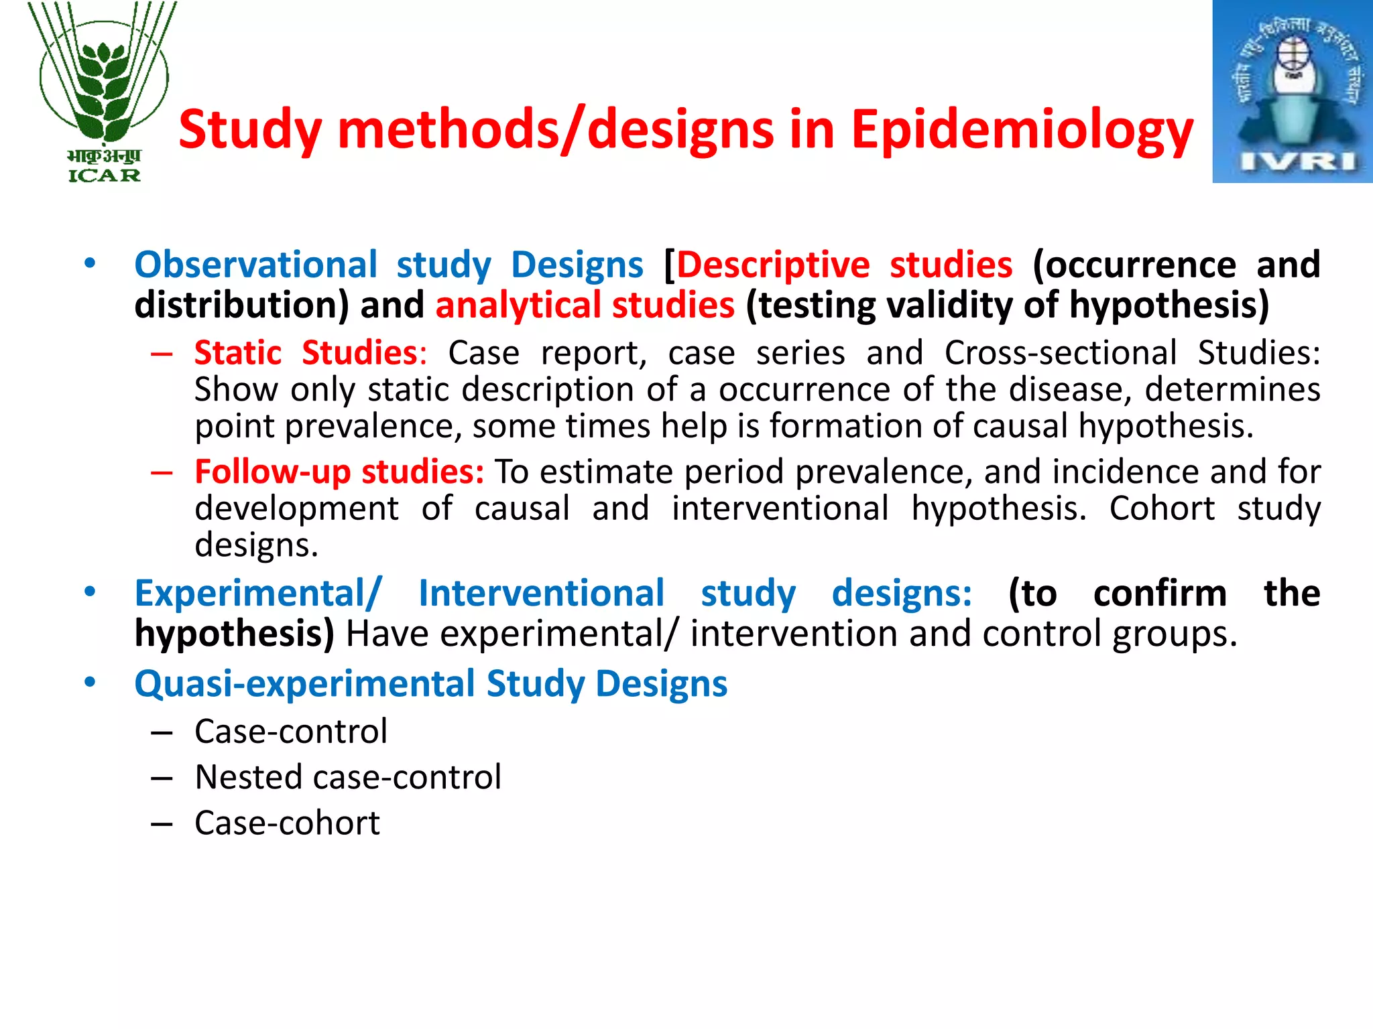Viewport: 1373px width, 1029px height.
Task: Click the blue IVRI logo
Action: point(1292,92)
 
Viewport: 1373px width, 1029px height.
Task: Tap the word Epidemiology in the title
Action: point(1022,130)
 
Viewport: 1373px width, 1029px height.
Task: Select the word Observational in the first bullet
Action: point(256,265)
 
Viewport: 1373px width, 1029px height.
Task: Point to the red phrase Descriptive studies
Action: point(844,265)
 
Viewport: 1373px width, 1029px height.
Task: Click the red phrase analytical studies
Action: point(585,305)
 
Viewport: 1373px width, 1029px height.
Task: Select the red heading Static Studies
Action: point(306,353)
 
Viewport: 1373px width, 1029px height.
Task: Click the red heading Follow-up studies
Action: point(339,472)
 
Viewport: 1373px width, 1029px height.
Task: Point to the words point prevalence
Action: point(327,427)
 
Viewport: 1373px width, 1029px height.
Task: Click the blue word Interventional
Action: point(541,594)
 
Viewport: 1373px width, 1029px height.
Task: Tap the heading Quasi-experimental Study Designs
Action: point(430,684)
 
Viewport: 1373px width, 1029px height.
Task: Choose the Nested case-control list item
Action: point(348,777)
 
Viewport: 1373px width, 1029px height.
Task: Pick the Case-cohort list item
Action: point(287,823)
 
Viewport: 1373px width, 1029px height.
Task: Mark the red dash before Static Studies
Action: point(162,354)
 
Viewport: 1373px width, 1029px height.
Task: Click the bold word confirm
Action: point(1159,594)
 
